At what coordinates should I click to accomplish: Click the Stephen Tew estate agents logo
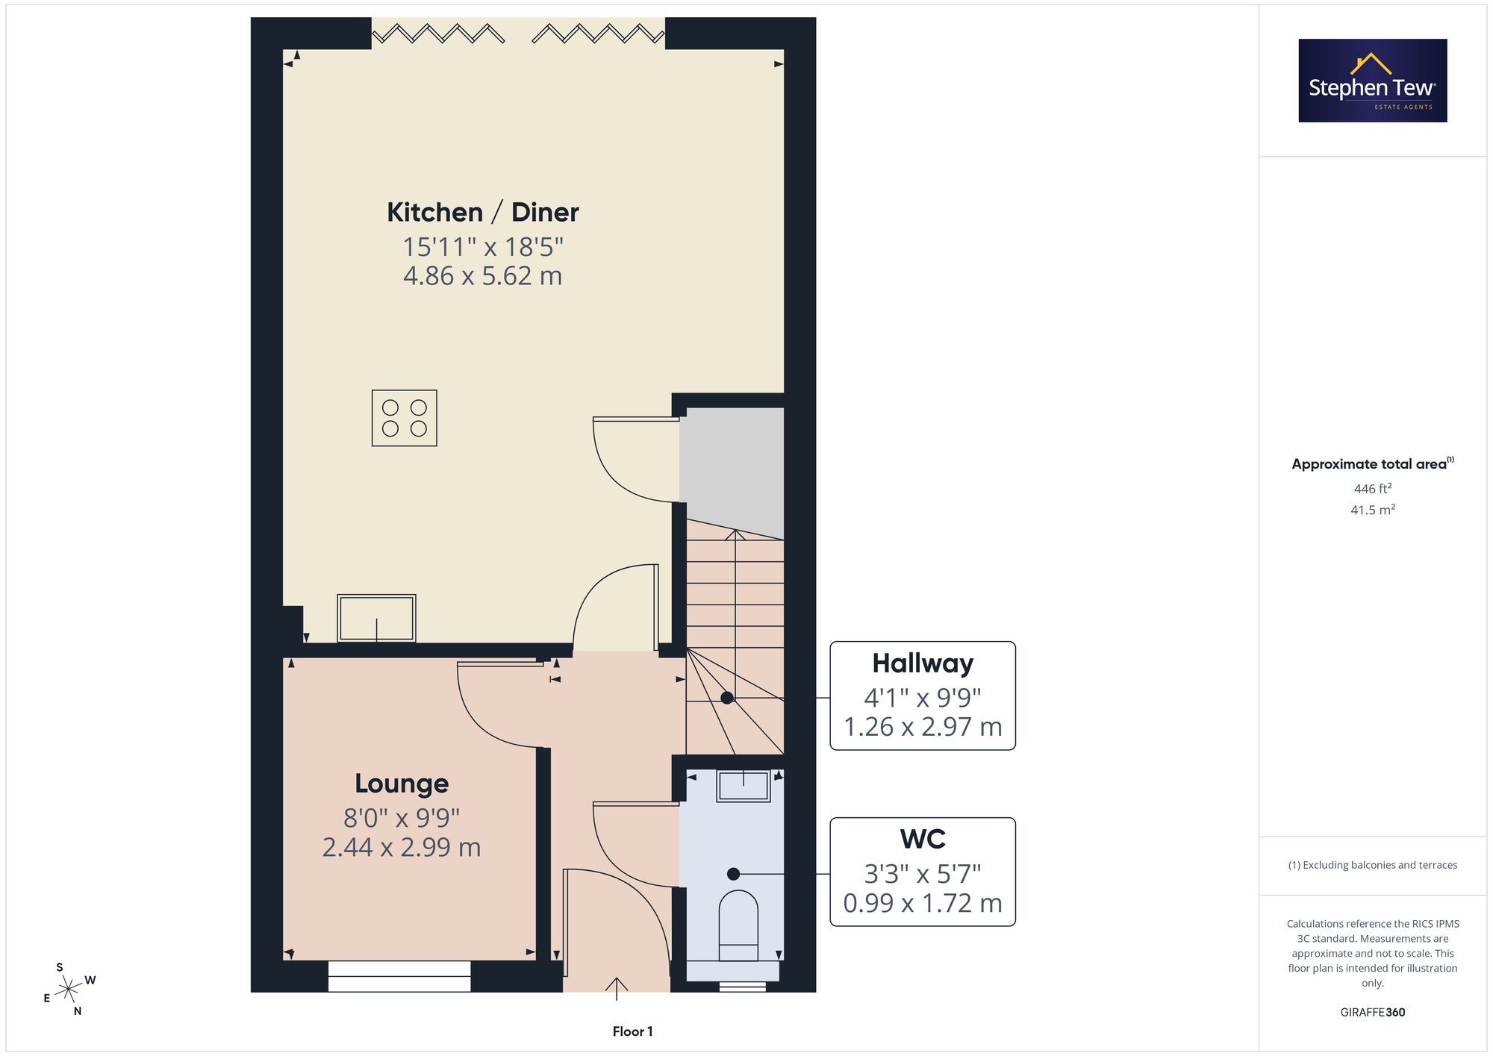click(x=1373, y=81)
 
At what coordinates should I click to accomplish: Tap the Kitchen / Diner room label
click(x=483, y=213)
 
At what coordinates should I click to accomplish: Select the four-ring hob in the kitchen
click(x=405, y=418)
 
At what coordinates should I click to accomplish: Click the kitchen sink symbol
click(x=376, y=618)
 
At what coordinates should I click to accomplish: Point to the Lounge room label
click(x=402, y=784)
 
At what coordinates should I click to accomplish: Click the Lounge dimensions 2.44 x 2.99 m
click(x=402, y=848)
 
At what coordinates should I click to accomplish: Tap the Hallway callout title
click(x=923, y=663)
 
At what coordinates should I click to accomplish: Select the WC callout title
click(x=923, y=839)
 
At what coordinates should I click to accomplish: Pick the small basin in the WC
click(x=744, y=786)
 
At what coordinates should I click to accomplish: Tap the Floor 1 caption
click(x=632, y=1031)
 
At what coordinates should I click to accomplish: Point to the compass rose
click(x=69, y=990)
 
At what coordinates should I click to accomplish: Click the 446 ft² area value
click(x=1373, y=489)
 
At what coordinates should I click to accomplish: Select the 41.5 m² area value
click(x=1373, y=510)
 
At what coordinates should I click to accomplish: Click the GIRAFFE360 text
click(x=1373, y=1012)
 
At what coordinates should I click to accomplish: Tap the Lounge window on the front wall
click(x=399, y=976)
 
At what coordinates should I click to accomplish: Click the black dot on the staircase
click(x=726, y=698)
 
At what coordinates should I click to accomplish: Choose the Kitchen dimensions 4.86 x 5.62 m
click(x=483, y=276)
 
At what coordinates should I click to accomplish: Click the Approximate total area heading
click(x=1373, y=463)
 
